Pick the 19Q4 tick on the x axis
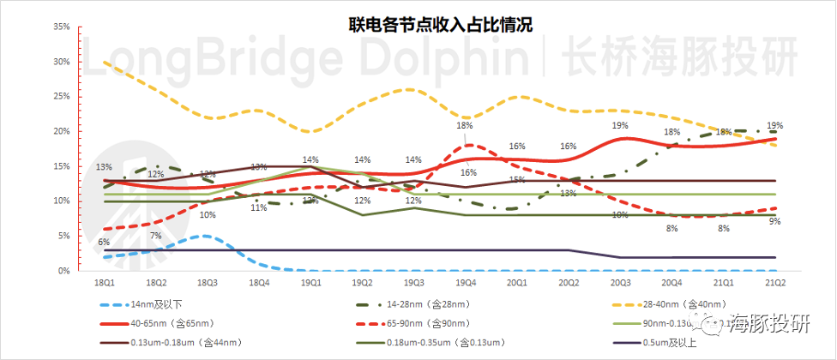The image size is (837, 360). [465, 282]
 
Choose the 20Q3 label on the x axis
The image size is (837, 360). [619, 282]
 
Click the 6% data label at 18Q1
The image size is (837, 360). [104, 243]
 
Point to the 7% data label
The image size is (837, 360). [155, 236]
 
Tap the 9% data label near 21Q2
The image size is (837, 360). [774, 222]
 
